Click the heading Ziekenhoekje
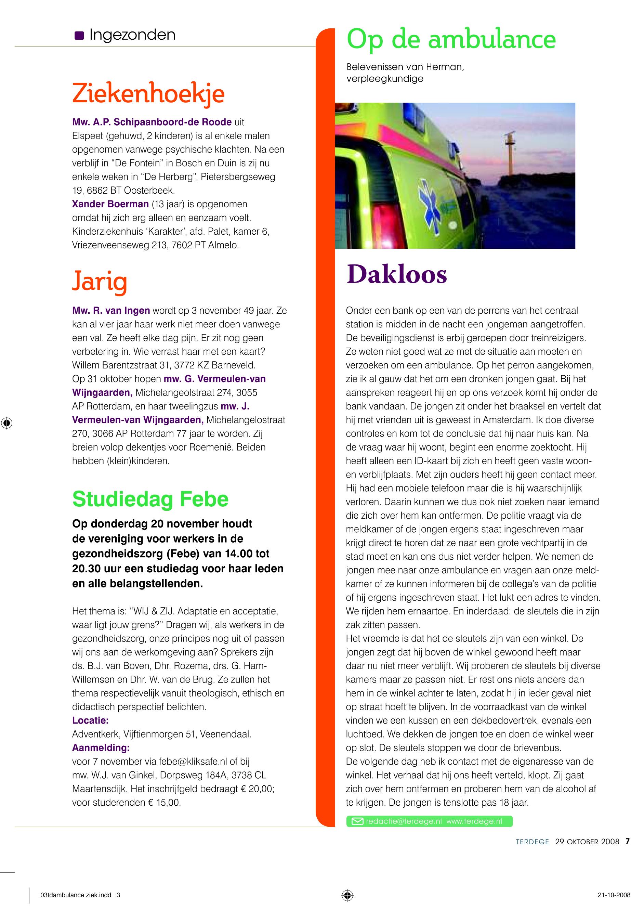[x=148, y=94]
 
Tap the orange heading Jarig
[x=100, y=281]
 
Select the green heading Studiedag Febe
[x=150, y=499]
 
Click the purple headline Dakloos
[x=396, y=274]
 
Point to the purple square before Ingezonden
[x=79, y=36]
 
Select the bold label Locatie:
[x=90, y=720]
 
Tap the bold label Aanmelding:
[x=101, y=747]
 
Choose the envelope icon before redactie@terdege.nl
[x=357, y=821]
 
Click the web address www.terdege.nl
[x=474, y=821]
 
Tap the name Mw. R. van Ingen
[x=111, y=310]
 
